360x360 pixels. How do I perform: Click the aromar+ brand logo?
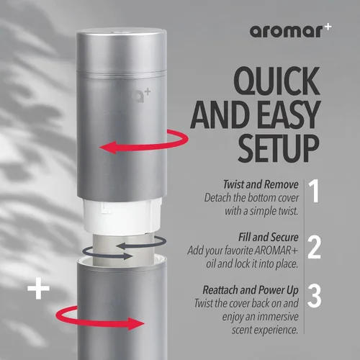290,31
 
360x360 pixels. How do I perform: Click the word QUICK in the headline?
277,81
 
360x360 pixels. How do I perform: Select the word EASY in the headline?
290,114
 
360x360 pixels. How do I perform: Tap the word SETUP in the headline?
279,148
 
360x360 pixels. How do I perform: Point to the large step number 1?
314,192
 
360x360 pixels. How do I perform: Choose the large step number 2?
314,247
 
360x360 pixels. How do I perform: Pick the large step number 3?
314,296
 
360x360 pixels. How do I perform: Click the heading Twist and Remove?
261,184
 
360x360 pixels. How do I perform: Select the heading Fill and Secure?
269,238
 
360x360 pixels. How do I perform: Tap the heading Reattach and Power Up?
251,290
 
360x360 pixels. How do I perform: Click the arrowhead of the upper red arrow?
108,148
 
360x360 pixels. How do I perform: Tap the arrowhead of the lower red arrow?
136,324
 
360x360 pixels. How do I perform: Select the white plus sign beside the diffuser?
38,289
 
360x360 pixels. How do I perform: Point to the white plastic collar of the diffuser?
122,217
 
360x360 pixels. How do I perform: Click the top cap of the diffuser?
122,50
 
